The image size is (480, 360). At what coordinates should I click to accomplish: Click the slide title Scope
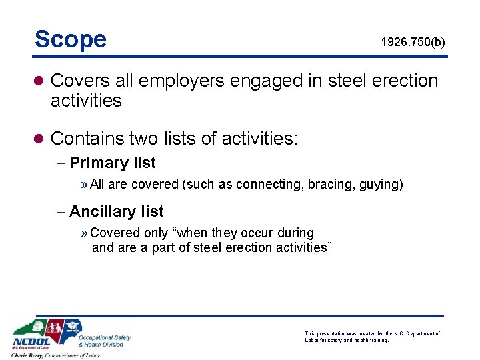point(71,39)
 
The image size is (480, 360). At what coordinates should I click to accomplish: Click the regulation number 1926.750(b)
point(413,43)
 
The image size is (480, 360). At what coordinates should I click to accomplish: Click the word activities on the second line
point(86,101)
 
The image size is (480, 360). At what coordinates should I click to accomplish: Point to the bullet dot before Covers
point(39,81)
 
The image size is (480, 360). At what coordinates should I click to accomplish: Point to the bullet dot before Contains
point(39,139)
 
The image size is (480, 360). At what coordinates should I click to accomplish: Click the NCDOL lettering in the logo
point(27,340)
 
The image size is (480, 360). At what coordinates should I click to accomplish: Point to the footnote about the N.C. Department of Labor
point(372,336)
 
